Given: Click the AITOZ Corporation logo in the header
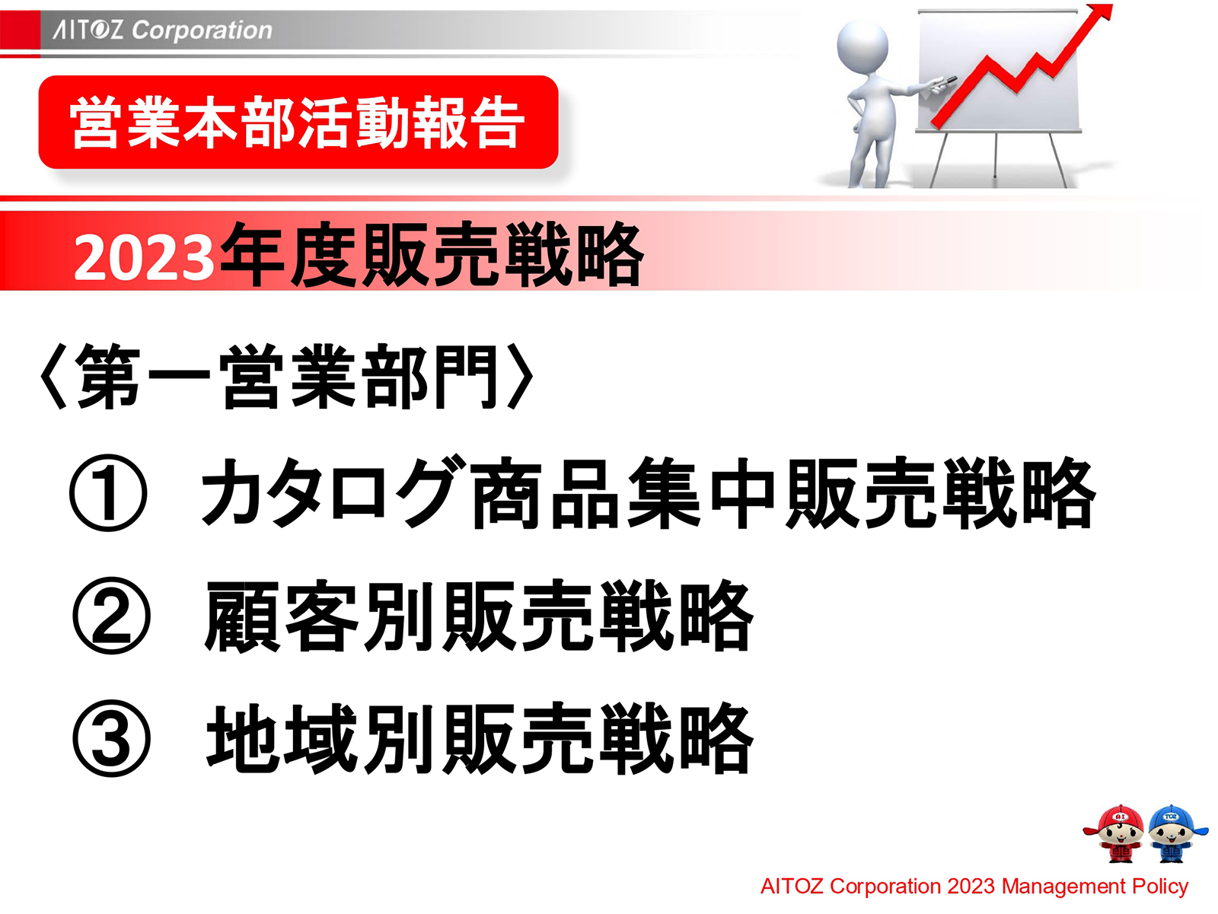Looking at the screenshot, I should click(162, 30).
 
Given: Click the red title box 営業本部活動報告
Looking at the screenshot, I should click(298, 122).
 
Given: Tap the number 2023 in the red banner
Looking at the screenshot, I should click(143, 257).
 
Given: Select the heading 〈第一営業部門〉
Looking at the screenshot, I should click(286, 377).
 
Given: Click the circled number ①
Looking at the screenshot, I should click(108, 492).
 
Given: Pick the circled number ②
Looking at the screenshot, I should click(111, 616).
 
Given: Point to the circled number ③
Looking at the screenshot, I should click(111, 738).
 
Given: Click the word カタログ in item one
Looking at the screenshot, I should click(332, 492).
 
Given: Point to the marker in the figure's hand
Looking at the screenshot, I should click(944, 81).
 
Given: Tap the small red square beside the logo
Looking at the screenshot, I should click(20, 30).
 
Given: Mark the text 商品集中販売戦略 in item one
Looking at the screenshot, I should click(783, 492).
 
